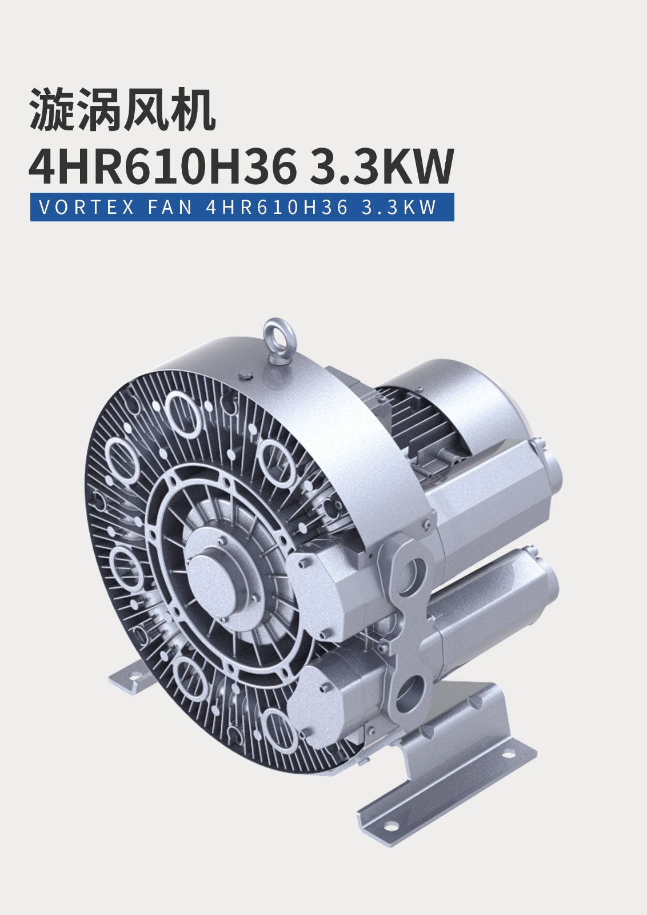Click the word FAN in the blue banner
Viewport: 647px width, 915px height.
(170, 207)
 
